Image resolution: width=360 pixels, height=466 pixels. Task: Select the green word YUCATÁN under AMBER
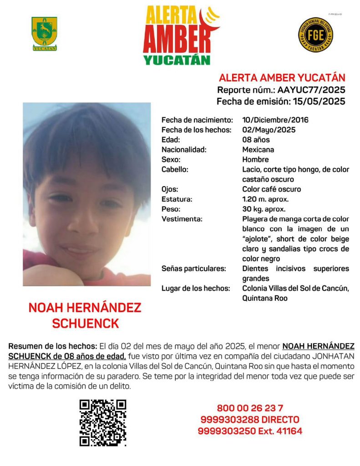[177, 60]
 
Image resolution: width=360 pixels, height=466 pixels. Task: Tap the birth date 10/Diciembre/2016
[275, 120]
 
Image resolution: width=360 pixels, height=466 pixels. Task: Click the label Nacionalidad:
[184, 150]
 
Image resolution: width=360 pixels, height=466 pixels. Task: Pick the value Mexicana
[258, 150]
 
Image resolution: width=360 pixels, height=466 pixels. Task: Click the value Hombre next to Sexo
[255, 160]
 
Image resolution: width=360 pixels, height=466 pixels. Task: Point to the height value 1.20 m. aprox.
[265, 199]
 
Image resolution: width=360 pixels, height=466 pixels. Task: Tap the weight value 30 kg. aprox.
[264, 209]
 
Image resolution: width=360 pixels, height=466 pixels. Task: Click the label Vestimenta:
[182, 219]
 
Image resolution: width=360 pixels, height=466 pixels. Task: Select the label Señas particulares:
[194, 268]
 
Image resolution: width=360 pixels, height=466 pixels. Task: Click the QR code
[103, 423]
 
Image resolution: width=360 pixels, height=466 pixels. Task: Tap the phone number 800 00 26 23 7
[250, 408]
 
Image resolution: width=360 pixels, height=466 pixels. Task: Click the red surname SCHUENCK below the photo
[85, 324]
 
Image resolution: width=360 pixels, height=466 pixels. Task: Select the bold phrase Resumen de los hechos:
[53, 347]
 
